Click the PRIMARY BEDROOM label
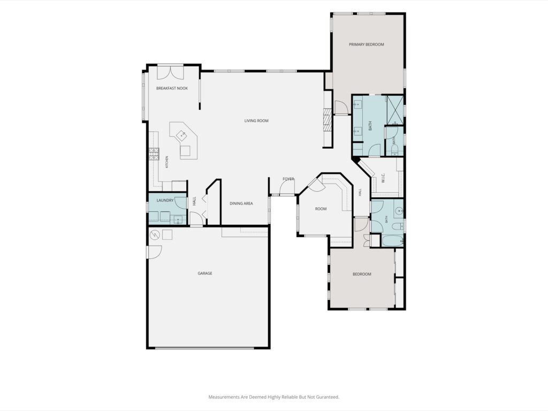point(366,44)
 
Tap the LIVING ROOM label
point(256,120)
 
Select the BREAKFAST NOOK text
point(172,88)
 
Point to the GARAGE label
point(205,273)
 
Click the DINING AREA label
point(241,203)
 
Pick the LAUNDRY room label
point(165,200)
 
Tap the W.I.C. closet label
point(383,178)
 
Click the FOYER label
point(288,179)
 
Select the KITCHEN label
point(167,162)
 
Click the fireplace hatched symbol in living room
point(327,119)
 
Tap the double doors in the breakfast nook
point(170,72)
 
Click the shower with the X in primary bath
point(395,110)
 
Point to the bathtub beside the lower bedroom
point(392,241)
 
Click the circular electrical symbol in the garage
point(155,235)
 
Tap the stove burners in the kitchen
point(154,154)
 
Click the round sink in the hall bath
point(399,211)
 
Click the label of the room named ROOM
point(321,209)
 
